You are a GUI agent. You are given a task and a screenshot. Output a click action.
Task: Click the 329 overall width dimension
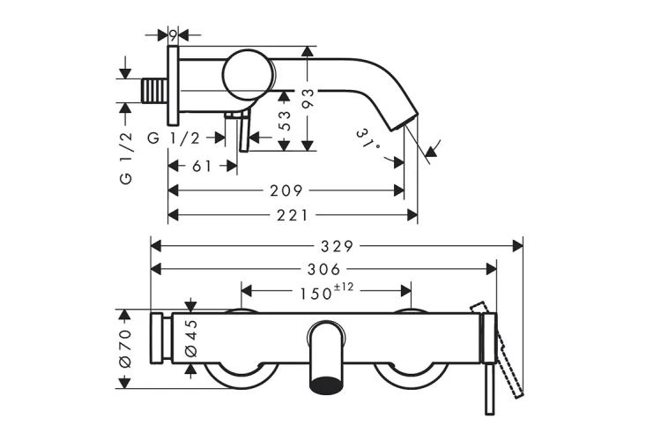coord(337,245)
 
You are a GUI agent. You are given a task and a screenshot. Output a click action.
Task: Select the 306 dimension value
coord(323,268)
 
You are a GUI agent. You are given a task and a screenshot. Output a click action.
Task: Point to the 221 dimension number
coord(292,213)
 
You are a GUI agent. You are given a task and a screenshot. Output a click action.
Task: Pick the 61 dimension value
coord(202,167)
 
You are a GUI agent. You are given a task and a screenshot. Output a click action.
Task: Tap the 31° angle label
coord(369,139)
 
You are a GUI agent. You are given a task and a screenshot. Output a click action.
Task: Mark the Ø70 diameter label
coord(124,348)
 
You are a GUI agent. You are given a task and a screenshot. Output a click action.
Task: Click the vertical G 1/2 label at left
coord(126,155)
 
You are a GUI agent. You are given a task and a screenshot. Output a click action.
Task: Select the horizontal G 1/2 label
coord(173,138)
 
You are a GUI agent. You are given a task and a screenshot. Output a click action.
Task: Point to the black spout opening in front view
coord(327,384)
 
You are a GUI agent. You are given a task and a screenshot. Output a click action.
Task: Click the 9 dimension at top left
coord(174,35)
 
